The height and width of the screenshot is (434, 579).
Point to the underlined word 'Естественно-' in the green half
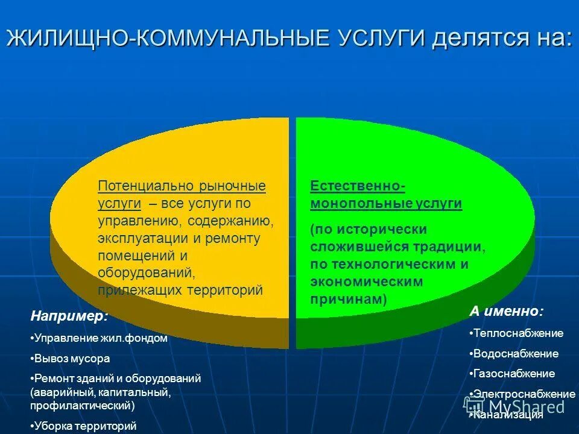click(358, 186)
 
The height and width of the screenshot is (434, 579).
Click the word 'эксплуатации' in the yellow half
click(138, 239)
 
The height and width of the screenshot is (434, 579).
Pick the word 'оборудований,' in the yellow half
click(147, 273)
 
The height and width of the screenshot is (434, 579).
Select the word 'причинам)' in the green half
click(348, 300)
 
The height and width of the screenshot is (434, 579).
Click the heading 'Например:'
click(70, 316)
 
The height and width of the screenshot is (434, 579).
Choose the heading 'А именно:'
click(506, 312)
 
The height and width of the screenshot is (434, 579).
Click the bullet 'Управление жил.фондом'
click(100, 338)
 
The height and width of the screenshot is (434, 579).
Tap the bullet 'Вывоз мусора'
click(72, 358)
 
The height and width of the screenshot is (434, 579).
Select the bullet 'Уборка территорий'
click(85, 426)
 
